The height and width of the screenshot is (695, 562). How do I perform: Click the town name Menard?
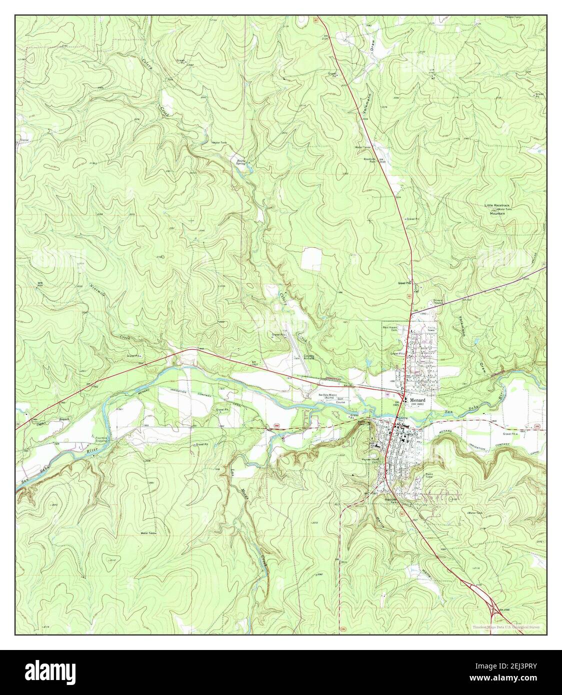[419, 400]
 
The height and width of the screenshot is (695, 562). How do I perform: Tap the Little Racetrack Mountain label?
[497, 209]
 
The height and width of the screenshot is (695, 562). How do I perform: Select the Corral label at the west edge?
[24, 140]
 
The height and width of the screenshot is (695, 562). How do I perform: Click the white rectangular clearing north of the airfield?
[311, 258]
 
